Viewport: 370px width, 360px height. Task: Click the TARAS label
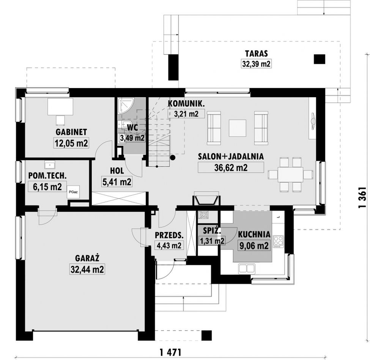(256, 54)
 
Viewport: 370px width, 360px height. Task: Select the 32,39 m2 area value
(256, 64)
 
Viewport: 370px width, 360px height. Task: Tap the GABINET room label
(71, 132)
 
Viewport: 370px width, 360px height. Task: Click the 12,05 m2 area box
(71, 143)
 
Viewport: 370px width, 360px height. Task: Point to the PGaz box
(73, 192)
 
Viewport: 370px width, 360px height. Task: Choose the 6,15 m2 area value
(47, 187)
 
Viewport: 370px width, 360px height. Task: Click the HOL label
(117, 171)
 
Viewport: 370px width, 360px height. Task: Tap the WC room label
(132, 128)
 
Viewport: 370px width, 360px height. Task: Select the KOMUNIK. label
(186, 103)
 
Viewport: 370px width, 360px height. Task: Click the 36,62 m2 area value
(231, 167)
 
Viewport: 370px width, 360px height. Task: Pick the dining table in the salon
(290, 174)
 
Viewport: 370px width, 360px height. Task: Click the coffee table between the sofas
(238, 128)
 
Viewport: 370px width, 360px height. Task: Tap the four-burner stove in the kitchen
(278, 241)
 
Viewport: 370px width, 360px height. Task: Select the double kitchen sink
(247, 268)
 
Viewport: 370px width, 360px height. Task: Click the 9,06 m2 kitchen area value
(254, 246)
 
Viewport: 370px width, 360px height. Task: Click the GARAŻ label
(87, 258)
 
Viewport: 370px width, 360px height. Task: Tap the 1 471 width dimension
(170, 353)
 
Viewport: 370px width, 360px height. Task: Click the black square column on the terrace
(320, 59)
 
